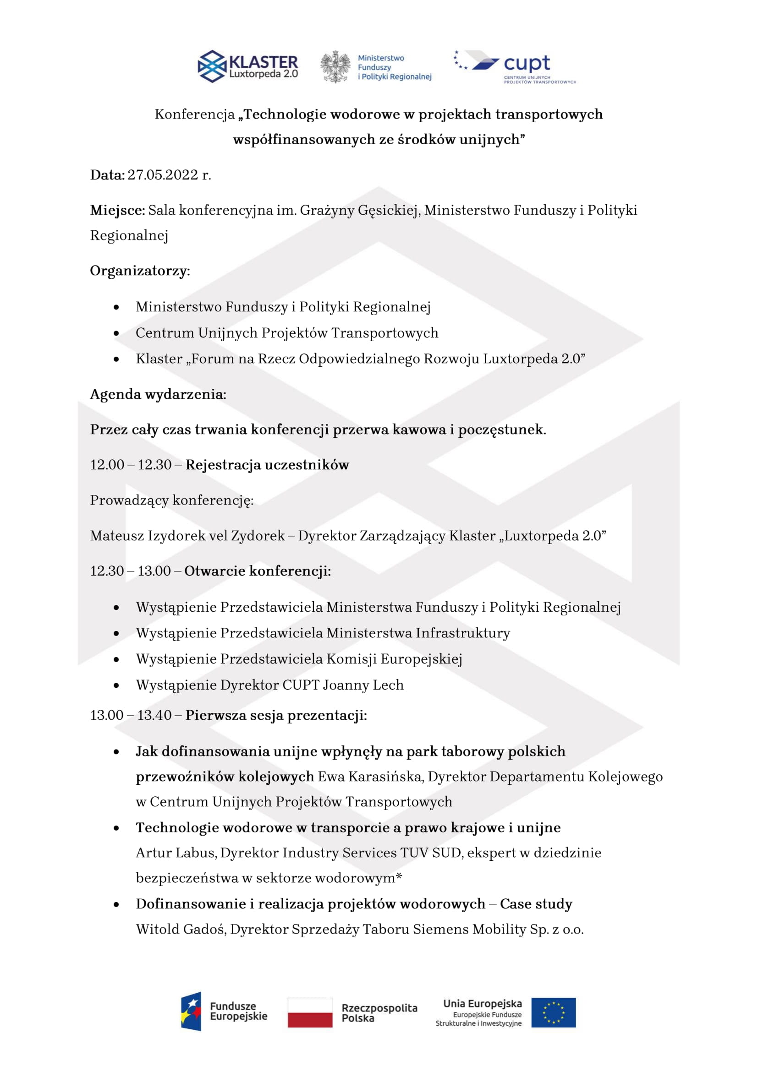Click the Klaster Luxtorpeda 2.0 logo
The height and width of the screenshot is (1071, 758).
pos(248,66)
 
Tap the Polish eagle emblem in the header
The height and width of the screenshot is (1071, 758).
pos(335,67)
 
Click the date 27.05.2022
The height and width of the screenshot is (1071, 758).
pos(163,175)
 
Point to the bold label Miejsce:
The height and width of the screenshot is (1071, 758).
pos(118,210)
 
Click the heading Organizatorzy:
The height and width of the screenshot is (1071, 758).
pos(140,271)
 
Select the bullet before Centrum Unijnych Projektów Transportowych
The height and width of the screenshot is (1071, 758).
pos(116,333)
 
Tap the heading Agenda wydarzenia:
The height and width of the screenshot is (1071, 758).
pos(158,395)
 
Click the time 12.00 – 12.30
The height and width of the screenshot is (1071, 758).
pos(131,465)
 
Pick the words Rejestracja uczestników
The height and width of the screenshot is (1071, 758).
pos(267,465)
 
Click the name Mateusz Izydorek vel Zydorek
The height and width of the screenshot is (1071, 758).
pos(187,536)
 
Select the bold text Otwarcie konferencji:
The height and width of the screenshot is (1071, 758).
pos(258,571)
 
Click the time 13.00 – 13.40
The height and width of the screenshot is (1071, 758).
pos(131,716)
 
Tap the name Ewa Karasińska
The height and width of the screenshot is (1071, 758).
pos(371,777)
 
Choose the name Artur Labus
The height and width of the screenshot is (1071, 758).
pos(176,853)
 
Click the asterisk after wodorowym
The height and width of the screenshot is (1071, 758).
pos(399,876)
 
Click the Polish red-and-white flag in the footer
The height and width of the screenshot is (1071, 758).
pos(310,1013)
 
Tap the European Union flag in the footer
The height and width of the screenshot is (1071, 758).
pos(553,1013)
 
